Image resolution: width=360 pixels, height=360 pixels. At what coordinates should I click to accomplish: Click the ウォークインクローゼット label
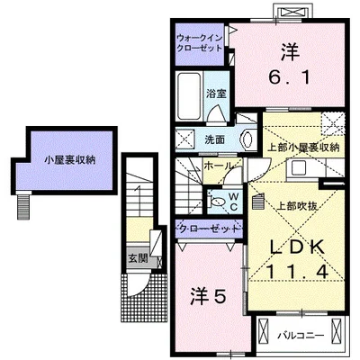(x=201, y=42)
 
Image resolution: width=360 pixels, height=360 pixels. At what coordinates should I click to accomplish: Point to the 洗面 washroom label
(x=213, y=139)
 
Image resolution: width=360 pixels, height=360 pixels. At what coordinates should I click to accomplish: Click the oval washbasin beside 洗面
(x=247, y=138)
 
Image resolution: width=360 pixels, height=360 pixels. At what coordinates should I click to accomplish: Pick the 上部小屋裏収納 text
(x=302, y=147)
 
